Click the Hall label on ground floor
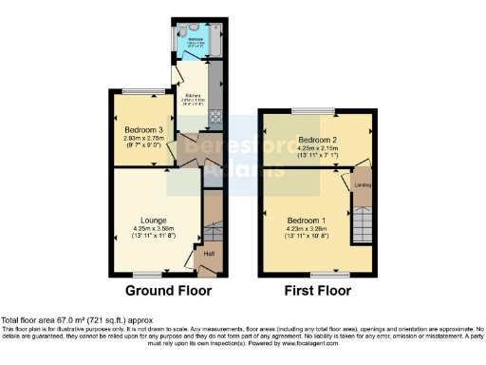tap(209, 254)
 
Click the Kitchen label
tap(193, 94)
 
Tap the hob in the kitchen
tap(215, 119)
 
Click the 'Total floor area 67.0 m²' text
tap(76, 320)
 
